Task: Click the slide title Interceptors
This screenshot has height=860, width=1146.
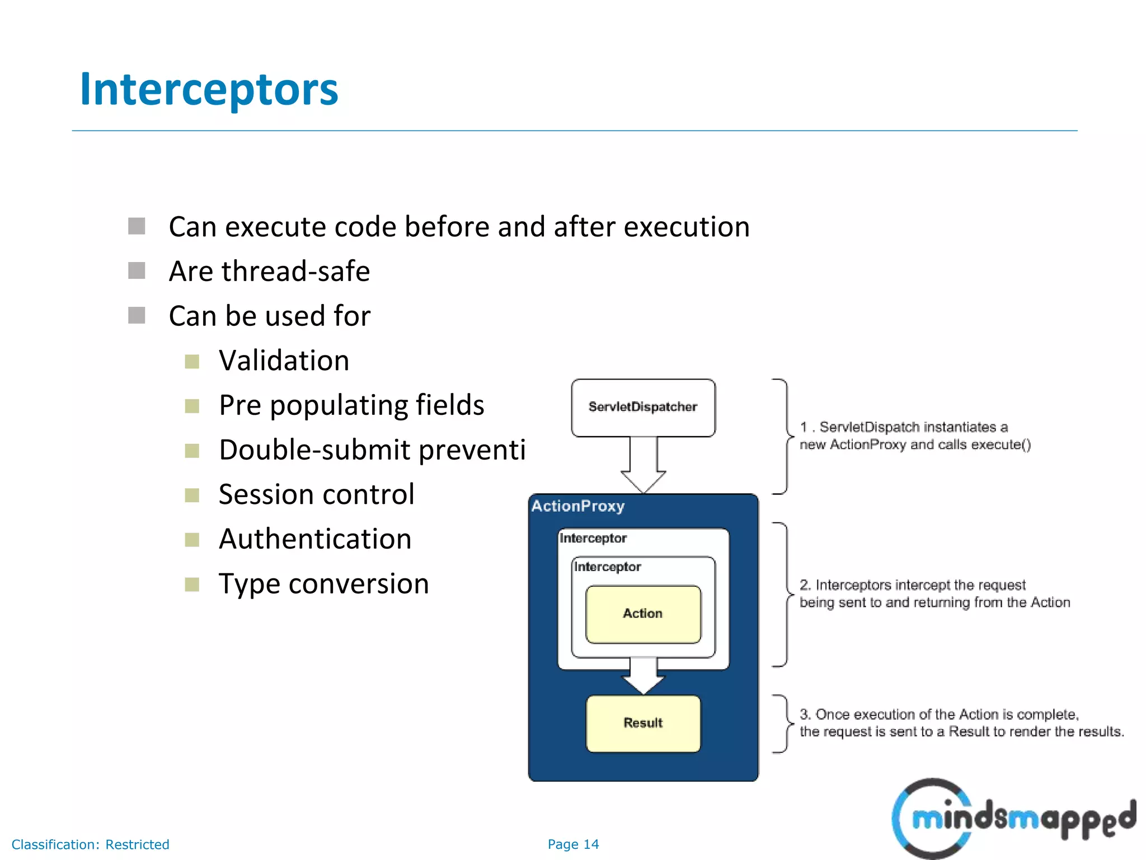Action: [x=209, y=90]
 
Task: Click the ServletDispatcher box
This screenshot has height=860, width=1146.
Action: [x=642, y=407]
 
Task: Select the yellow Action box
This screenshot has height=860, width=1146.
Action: [x=642, y=614]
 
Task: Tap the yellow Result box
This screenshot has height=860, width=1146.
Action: [x=642, y=723]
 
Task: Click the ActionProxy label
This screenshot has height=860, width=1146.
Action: [x=577, y=506]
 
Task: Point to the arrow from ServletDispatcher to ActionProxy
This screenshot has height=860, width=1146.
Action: [x=643, y=465]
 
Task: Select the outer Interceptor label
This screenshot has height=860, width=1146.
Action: [x=593, y=539]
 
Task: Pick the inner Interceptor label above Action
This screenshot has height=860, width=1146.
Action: [x=607, y=567]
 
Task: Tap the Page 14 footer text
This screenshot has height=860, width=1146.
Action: [x=573, y=844]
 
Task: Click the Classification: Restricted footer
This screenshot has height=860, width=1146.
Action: [x=90, y=844]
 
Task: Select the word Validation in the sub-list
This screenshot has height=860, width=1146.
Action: [x=284, y=361]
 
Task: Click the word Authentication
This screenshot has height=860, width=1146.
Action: [x=315, y=539]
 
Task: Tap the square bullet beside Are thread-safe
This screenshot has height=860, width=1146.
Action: [x=137, y=271]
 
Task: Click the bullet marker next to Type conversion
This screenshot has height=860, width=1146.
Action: [x=192, y=585]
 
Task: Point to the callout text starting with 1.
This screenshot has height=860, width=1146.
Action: [x=914, y=436]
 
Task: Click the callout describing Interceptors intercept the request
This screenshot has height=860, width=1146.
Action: [x=934, y=593]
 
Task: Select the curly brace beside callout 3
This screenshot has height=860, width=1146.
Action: [x=782, y=723]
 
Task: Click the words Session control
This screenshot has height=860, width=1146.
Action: [x=316, y=494]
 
